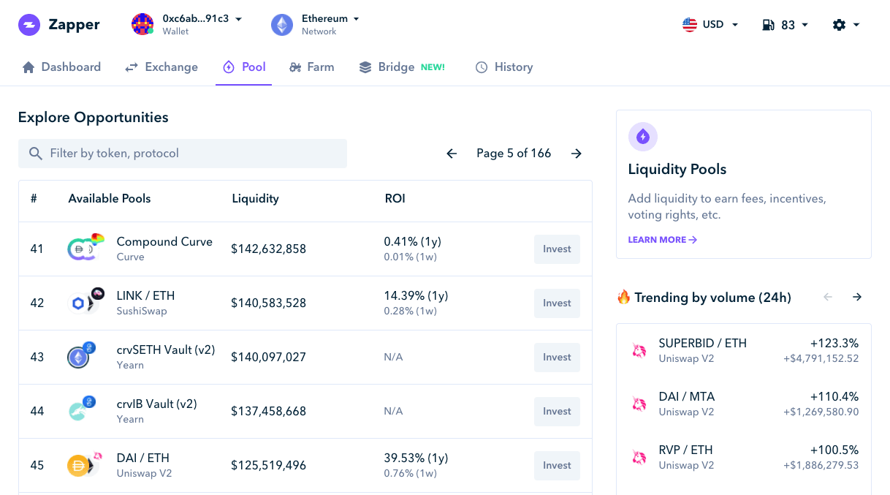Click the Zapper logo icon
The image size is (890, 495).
tap(29, 25)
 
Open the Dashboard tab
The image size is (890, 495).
tap(61, 67)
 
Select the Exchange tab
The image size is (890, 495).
tap(161, 67)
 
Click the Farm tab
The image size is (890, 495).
tap(312, 67)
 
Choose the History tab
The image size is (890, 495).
tap(504, 67)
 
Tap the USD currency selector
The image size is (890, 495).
tap(710, 25)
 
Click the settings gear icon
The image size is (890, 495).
tap(845, 25)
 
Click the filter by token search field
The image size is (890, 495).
tap(183, 154)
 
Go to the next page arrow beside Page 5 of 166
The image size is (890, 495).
tap(577, 154)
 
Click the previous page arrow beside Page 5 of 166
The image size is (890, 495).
tap(452, 154)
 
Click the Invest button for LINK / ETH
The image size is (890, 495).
tap(557, 303)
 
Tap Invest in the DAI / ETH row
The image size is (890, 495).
tap(557, 466)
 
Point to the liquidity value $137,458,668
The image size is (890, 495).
tap(268, 412)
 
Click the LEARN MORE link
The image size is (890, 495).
tap(662, 240)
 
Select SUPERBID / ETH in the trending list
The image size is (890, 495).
tap(702, 343)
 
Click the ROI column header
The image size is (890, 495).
tap(395, 199)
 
